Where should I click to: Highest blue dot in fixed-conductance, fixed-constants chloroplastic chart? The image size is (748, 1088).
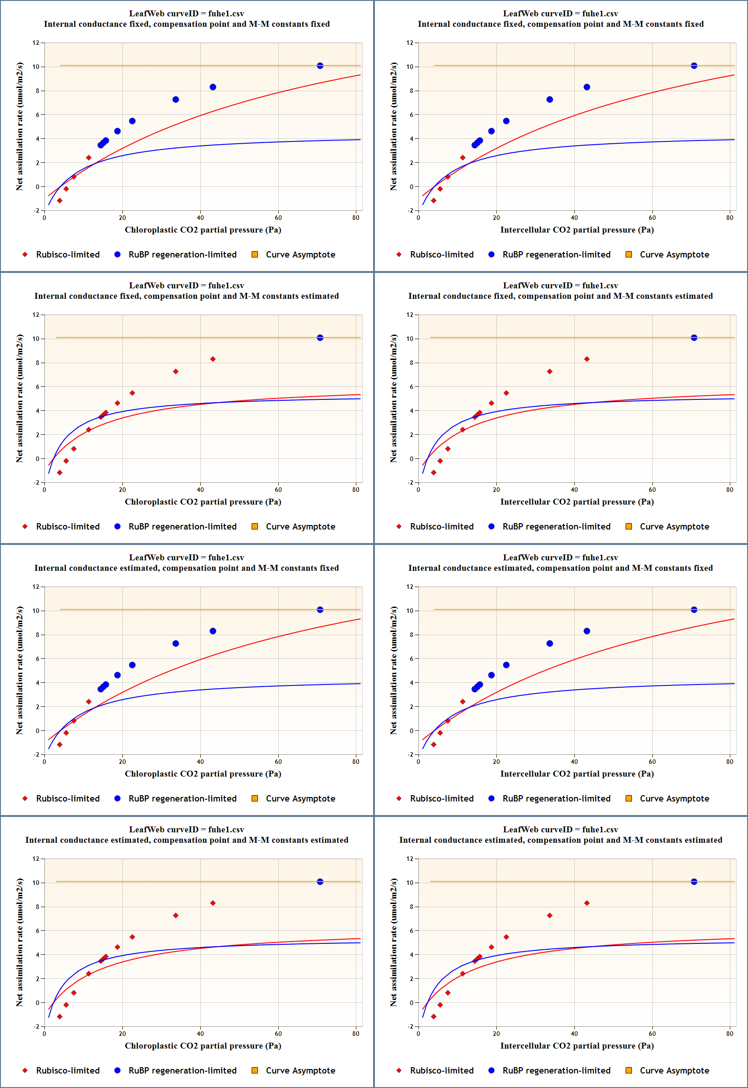click(320, 66)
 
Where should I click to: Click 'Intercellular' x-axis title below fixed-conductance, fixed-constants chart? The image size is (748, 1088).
click(577, 229)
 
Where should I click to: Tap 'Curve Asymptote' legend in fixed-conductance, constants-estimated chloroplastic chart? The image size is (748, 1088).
click(301, 527)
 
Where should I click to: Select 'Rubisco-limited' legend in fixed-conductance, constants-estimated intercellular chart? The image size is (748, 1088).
click(442, 527)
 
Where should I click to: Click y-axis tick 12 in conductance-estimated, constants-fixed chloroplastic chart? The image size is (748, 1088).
click(36, 587)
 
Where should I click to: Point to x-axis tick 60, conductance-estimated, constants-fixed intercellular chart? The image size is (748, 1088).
click(652, 762)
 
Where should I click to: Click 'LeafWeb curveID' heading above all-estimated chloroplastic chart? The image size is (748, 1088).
click(186, 829)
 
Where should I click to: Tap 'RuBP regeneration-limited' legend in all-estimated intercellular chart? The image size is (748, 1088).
click(556, 1071)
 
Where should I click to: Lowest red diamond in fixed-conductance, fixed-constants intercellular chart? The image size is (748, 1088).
click(433, 200)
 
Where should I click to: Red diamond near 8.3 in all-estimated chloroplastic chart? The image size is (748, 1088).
click(213, 903)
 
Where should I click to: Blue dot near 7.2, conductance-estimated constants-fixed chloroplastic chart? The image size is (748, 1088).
click(176, 643)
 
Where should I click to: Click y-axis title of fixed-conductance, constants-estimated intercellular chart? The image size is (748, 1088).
click(393, 398)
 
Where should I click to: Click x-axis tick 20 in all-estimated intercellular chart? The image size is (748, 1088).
click(496, 1034)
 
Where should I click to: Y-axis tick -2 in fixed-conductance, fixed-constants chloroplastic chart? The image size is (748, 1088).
click(36, 210)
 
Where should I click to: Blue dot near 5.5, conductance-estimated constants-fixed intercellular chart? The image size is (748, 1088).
click(506, 665)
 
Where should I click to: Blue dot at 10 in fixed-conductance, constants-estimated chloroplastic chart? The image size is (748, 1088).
click(320, 338)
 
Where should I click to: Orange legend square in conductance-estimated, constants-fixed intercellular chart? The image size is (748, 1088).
click(629, 798)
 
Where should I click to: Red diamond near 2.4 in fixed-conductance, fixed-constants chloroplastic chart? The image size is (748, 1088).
click(88, 158)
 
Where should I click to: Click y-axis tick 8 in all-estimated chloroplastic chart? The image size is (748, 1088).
click(38, 907)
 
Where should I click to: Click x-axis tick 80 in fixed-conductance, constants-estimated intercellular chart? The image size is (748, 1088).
click(730, 490)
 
